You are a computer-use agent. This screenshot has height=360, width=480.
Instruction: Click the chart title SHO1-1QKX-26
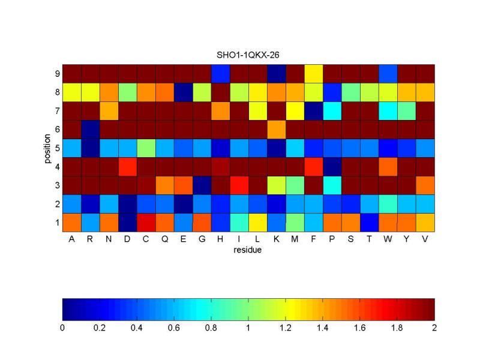coord(248,55)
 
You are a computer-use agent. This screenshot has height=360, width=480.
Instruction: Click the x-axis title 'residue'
coord(248,250)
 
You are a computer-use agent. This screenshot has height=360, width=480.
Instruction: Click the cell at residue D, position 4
coord(127,166)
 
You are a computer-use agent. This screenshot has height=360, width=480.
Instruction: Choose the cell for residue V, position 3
coord(425,185)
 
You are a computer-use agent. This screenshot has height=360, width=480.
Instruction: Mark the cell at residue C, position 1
coord(146,222)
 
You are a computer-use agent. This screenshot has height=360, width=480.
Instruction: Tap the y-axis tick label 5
coord(56,148)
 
